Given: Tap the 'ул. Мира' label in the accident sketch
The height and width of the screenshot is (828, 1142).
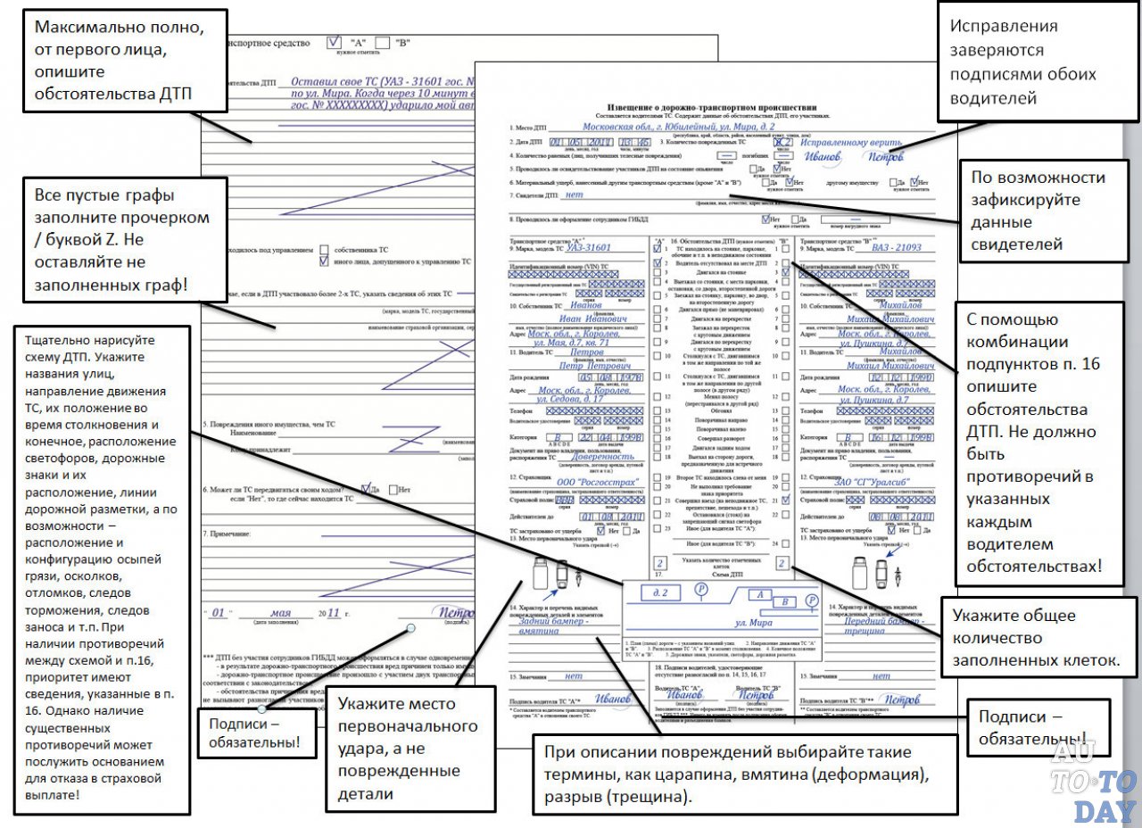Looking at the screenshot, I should (754, 622).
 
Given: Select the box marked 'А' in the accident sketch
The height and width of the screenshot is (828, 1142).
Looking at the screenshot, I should (759, 593).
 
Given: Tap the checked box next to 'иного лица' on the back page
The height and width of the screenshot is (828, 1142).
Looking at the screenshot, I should (324, 262).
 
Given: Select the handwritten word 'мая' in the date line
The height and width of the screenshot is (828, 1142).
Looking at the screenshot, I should (282, 613).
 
